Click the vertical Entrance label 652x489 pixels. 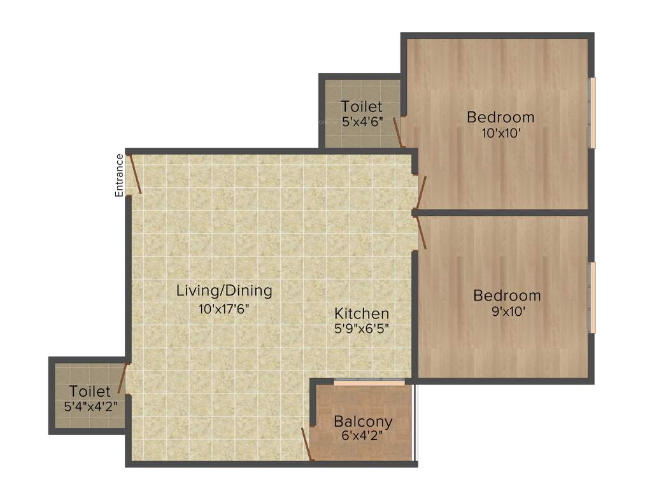pyautogui.click(x=119, y=175)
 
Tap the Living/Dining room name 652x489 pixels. pyautogui.click(x=224, y=291)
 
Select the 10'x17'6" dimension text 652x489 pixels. pyautogui.click(x=224, y=310)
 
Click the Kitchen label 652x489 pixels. pyautogui.click(x=362, y=313)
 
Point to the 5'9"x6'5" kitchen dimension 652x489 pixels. pyautogui.click(x=362, y=329)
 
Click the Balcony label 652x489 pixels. pyautogui.click(x=363, y=422)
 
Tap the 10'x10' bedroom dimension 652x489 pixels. pyautogui.click(x=500, y=133)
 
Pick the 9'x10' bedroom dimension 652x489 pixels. pyautogui.click(x=507, y=311)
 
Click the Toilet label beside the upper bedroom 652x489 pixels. pyautogui.click(x=362, y=106)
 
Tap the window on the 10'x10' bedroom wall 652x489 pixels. pyautogui.click(x=592, y=113)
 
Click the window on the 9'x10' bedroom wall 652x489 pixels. pyautogui.click(x=592, y=297)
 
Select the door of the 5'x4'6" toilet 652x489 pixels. pyautogui.click(x=397, y=132)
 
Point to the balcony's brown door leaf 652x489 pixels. pyautogui.click(x=307, y=444)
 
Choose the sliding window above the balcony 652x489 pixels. pyautogui.click(x=369, y=382)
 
